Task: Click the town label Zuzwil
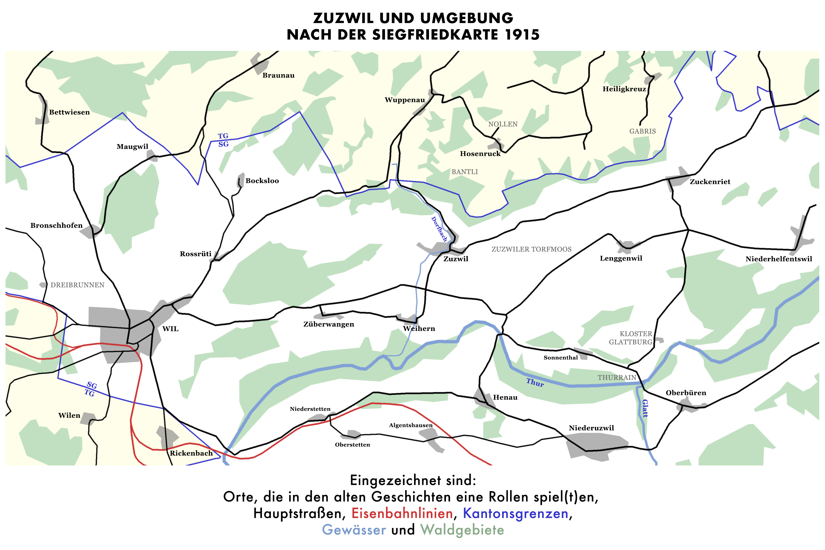pos(456,259)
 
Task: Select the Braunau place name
pos(278,75)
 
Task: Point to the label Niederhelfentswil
pos(779,259)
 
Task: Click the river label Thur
pos(535,382)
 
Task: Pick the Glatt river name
pos(645,408)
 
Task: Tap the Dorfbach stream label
pos(439,229)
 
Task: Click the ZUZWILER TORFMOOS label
pos(531,249)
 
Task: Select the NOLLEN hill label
pos(503,124)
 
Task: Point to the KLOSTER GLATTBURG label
pos(631,338)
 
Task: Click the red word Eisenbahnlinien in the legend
pos(402,514)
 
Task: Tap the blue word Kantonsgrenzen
pos(516,514)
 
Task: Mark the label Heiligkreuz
pos(624,89)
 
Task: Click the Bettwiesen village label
pos(69,112)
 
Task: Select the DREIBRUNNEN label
pos(77,285)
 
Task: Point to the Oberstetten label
pos(352,445)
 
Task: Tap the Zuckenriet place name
pos(710,182)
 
